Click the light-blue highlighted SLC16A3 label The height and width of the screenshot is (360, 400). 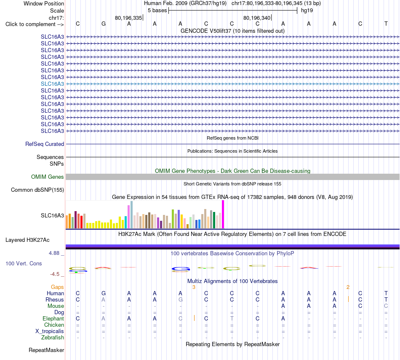click(52, 84)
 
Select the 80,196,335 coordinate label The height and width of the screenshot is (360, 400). click(128, 18)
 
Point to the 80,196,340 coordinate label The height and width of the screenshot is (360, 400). click(257, 18)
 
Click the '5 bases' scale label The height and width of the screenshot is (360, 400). click(157, 11)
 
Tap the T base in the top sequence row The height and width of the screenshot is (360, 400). click(386, 24)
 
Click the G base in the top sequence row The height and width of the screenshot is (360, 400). click(103, 24)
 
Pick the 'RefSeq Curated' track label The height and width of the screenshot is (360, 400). click(45, 144)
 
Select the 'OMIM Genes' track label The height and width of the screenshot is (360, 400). click(48, 177)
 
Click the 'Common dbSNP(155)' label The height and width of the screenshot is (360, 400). click(37, 190)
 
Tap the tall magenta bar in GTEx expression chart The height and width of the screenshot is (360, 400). click(223, 214)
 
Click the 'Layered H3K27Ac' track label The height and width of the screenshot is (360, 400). click(27, 240)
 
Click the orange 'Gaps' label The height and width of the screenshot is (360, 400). click(57, 287)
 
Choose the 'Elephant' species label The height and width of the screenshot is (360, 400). click(53, 318)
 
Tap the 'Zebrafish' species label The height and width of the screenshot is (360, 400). click(53, 337)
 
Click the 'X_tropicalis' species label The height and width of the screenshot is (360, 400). click(50, 331)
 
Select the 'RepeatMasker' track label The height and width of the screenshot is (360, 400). click(46, 350)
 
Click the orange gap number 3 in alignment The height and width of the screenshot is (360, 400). click(194, 287)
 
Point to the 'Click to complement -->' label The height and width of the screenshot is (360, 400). click(35, 24)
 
